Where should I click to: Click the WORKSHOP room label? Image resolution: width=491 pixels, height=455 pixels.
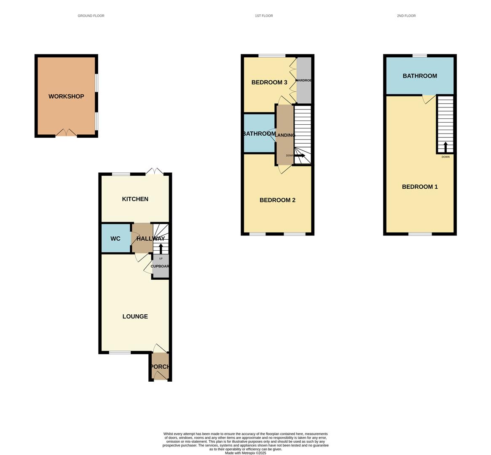(x=66, y=96)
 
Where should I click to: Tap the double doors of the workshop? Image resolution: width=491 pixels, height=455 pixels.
(x=66, y=133)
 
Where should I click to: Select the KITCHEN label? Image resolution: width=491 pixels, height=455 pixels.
(x=135, y=199)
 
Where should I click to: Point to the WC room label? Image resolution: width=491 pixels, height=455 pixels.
(x=115, y=239)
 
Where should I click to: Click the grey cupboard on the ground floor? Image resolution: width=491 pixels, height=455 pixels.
(x=161, y=266)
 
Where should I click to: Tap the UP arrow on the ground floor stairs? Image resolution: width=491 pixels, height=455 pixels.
(x=161, y=248)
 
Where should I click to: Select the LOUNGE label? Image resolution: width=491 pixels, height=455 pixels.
(x=135, y=316)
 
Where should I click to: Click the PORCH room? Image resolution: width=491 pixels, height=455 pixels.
(x=160, y=367)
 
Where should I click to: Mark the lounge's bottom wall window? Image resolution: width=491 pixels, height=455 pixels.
(x=120, y=352)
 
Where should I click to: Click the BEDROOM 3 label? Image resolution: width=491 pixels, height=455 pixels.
(x=269, y=83)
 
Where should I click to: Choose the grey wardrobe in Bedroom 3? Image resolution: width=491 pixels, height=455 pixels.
(x=304, y=80)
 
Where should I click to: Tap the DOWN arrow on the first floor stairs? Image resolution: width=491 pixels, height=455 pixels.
(x=300, y=155)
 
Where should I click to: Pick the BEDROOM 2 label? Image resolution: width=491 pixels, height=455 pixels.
(x=277, y=200)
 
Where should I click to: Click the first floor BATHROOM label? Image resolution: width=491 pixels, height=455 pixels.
(x=259, y=134)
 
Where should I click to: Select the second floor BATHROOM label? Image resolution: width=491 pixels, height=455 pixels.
(x=420, y=76)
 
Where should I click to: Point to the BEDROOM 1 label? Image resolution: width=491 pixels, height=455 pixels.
(x=420, y=187)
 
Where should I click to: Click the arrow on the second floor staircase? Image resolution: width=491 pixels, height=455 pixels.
(x=445, y=147)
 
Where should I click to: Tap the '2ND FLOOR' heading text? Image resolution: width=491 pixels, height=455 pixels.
(x=406, y=16)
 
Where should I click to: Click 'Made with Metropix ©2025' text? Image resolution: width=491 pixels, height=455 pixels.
(x=246, y=453)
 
